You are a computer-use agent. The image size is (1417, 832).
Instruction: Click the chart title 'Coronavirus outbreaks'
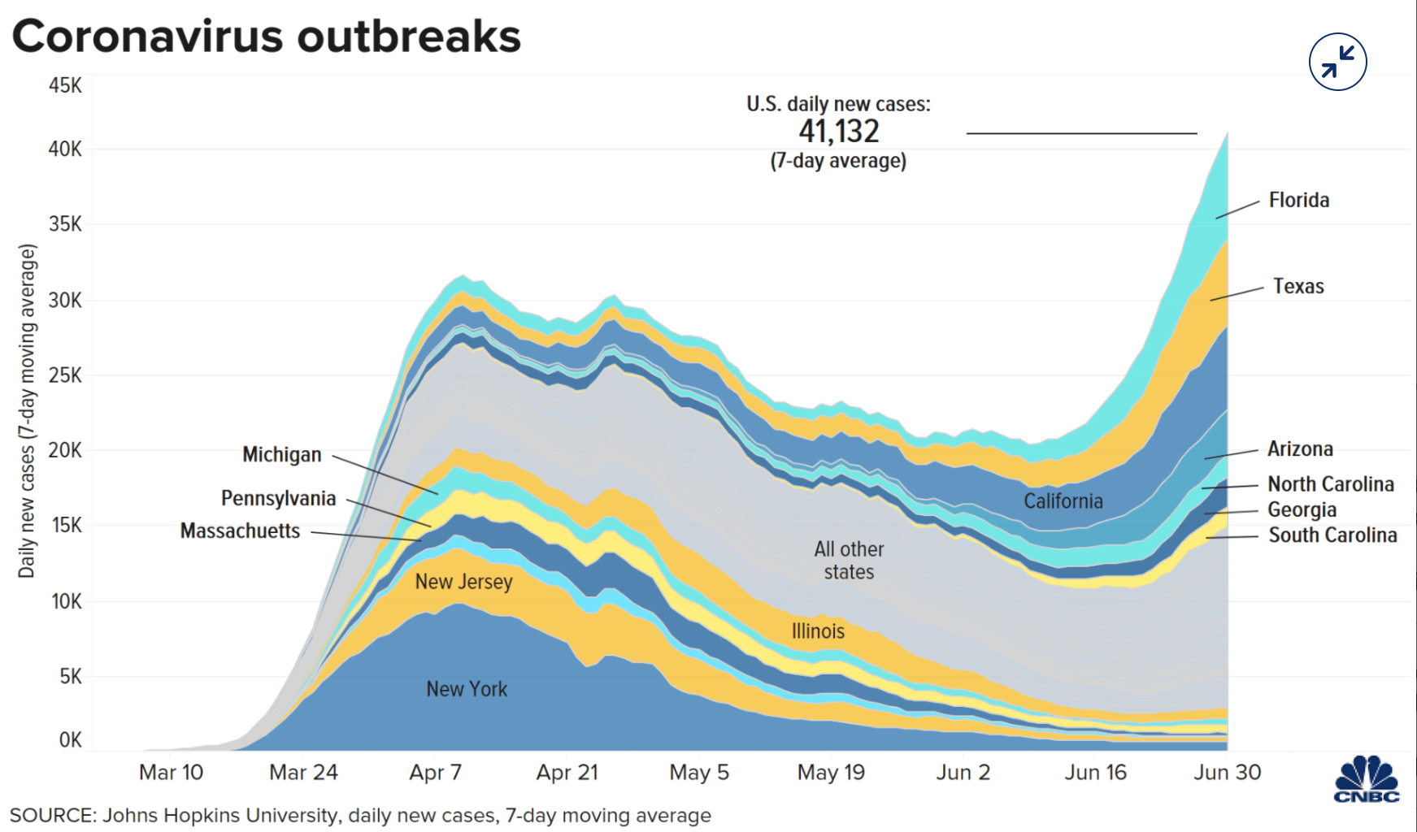point(266,37)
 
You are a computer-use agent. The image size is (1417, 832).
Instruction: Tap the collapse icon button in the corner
point(1337,62)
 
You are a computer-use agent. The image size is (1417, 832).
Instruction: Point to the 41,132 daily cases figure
point(838,132)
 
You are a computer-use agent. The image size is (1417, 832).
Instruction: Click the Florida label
point(1298,201)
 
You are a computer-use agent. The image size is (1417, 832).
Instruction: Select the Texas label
point(1298,287)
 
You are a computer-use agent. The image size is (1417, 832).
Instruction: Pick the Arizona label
point(1300,449)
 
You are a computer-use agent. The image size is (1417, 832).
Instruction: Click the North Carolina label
point(1330,484)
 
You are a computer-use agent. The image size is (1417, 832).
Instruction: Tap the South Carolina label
point(1332,535)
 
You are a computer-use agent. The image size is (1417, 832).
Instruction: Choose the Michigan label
point(281,455)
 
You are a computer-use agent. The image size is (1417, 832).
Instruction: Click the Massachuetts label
point(240,531)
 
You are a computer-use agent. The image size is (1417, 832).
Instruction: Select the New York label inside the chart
point(467,690)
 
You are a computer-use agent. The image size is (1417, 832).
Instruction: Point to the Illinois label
point(818,631)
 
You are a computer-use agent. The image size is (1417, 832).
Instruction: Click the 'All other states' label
point(849,561)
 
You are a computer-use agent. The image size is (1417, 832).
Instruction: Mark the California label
point(1063,501)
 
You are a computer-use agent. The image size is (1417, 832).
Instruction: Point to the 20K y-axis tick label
point(65,450)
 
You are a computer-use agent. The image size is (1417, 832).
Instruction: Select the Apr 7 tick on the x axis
point(435,773)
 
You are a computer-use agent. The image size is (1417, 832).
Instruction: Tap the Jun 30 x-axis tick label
point(1227,773)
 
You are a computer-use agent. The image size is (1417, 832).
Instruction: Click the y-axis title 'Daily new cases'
point(28,410)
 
